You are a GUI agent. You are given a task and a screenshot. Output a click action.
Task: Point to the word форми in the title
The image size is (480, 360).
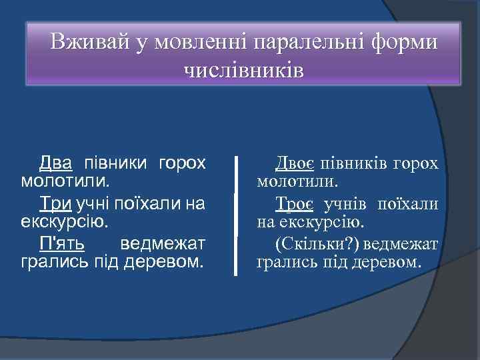pos(407,43)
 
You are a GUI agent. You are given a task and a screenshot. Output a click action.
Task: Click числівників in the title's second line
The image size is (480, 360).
pos(243,69)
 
